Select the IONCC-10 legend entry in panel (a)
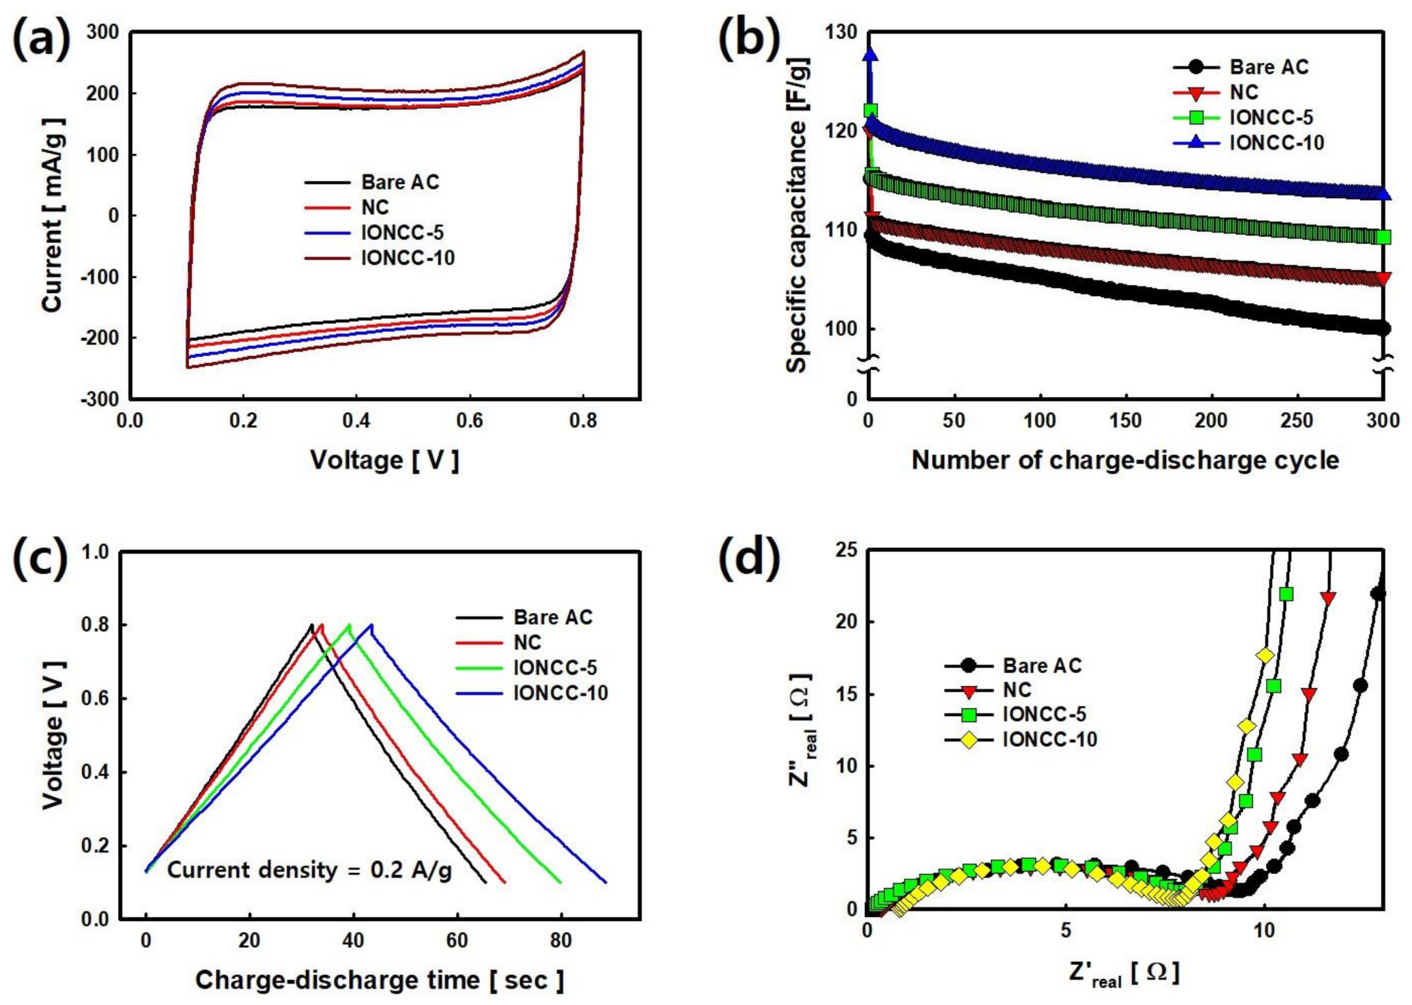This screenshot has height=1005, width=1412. tap(407, 258)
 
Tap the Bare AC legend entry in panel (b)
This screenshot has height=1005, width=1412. tap(1268, 67)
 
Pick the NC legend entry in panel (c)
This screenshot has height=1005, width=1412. tap(527, 643)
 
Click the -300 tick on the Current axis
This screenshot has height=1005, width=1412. tap(101, 399)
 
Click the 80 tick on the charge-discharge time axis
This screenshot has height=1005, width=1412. tap(561, 942)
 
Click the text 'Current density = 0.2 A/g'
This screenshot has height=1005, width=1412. tap(309, 870)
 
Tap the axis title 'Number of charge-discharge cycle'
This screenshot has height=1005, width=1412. tap(1125, 460)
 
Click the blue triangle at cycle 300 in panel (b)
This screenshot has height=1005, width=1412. tap(1383, 194)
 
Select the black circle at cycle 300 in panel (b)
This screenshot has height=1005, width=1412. tap(1383, 329)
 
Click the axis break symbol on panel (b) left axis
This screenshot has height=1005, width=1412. tap(868, 365)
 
